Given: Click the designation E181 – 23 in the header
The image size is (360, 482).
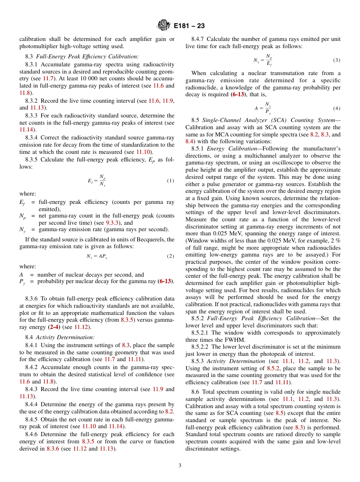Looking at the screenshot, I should [x=189, y=26].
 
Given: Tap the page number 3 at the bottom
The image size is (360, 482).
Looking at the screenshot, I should [x=180, y=465].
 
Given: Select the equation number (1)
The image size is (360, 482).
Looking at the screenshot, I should [x=170, y=181].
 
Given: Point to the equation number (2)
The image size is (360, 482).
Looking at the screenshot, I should [x=170, y=256].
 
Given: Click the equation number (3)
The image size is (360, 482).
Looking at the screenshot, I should [x=336, y=60].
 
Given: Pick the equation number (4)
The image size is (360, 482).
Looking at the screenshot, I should [x=336, y=108].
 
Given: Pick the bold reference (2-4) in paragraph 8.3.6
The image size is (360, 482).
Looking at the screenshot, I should [x=54, y=327].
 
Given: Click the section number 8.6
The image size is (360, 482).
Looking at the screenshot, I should [x=195, y=392].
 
